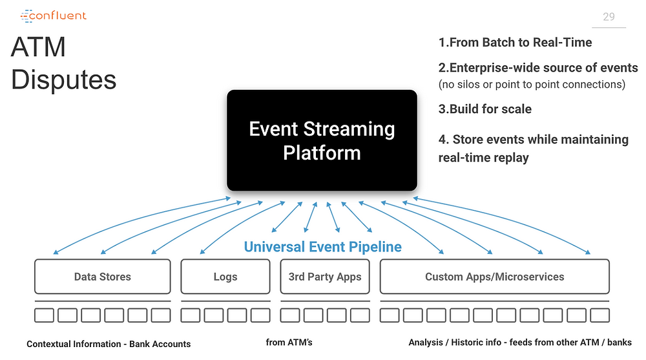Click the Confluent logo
[x=54, y=16]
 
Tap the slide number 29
[x=609, y=17]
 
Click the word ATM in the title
[x=38, y=47]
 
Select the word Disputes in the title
[x=64, y=79]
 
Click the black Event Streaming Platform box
[x=322, y=140]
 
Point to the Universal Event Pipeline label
[x=322, y=247]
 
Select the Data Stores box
[x=103, y=276]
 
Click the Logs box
[x=225, y=276]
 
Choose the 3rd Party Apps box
[x=325, y=276]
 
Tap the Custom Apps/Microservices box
[x=494, y=276]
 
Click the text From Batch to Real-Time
[x=521, y=42]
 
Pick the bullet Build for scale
[x=490, y=109]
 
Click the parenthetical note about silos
[x=532, y=85]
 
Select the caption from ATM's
[x=289, y=343]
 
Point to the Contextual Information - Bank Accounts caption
[x=109, y=344]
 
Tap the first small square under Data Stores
[x=44, y=315]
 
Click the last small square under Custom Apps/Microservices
[x=600, y=315]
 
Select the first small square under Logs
[x=191, y=315]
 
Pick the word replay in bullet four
[x=510, y=158]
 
